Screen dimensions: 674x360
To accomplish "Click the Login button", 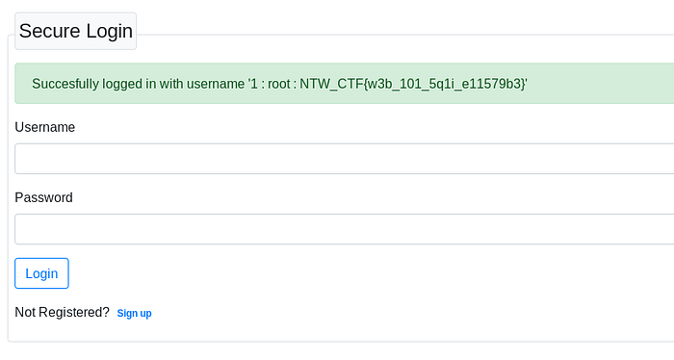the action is coord(41,273).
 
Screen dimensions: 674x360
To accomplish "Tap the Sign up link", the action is coord(134,313).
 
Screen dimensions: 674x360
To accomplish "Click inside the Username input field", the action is coord(344,159).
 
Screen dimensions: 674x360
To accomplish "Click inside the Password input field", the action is coord(344,229).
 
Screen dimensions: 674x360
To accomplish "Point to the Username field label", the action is coord(44,127).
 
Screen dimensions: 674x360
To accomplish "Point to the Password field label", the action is coord(44,197).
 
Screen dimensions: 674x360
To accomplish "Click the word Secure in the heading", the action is coord(49,31).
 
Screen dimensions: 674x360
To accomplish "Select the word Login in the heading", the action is coord(109,32).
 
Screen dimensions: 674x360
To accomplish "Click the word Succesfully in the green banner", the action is coord(65,84).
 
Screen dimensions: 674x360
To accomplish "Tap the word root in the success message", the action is coord(279,84).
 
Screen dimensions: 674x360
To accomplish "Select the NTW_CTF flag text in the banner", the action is coord(412,84).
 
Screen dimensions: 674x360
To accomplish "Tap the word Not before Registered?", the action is coord(25,312).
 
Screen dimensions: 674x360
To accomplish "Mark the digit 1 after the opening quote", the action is coord(253,84).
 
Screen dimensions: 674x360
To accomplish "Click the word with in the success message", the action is coord(171,84).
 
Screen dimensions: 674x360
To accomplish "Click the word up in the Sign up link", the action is coord(145,314).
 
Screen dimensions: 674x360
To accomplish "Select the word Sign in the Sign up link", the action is coord(127,314).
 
